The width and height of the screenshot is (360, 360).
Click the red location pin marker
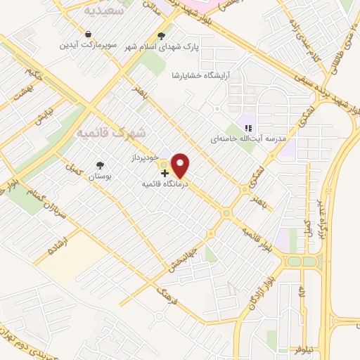point(181,166)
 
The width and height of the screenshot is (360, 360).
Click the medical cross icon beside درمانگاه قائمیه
point(165,173)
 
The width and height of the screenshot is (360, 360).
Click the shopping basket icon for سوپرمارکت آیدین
point(88,33)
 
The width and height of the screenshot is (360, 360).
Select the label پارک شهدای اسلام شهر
point(162,48)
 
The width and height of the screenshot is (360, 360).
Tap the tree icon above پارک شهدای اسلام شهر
point(162,36)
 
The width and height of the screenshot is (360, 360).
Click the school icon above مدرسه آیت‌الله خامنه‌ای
point(247,128)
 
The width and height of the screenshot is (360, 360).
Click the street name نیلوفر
point(292,347)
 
